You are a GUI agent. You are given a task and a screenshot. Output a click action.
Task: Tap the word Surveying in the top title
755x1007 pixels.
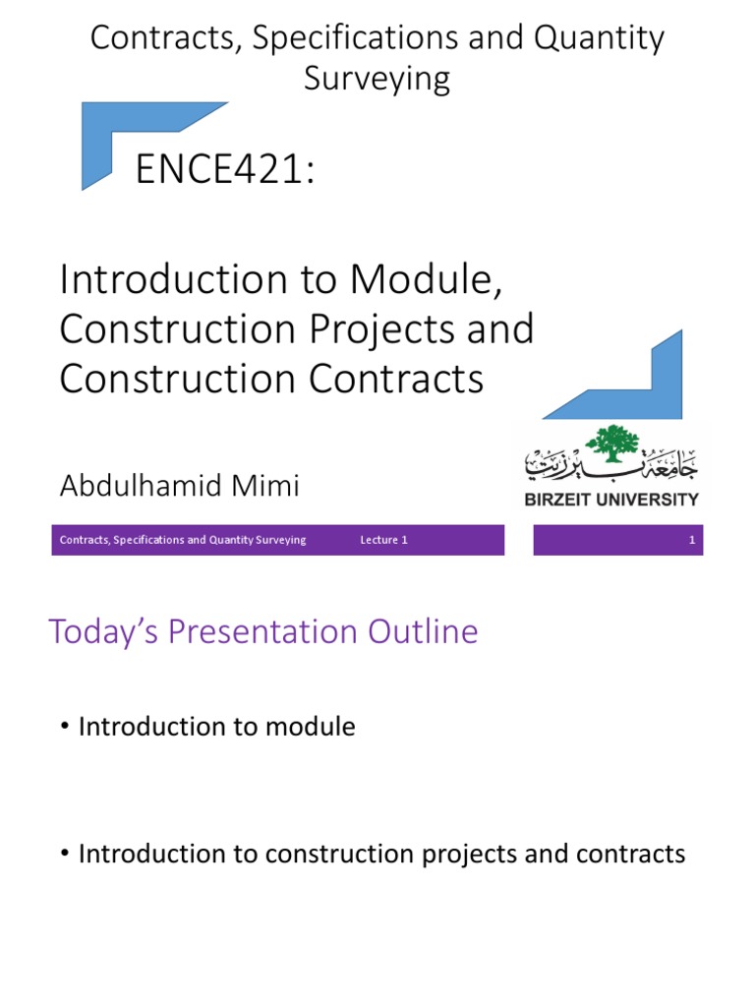377,78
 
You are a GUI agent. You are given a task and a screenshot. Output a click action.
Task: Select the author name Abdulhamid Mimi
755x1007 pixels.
179,485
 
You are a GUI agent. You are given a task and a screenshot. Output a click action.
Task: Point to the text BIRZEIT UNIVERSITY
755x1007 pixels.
610,499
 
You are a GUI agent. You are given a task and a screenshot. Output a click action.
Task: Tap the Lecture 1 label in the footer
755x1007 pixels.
384,540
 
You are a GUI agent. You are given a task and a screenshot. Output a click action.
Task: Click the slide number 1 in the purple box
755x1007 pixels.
692,540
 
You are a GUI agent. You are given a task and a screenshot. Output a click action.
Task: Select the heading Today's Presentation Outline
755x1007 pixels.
263,631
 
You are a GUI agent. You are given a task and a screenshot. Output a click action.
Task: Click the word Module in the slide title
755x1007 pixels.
420,279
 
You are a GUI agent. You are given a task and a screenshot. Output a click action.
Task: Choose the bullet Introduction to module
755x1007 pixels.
216,727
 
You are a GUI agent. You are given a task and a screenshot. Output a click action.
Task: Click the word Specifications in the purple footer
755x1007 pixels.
149,540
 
